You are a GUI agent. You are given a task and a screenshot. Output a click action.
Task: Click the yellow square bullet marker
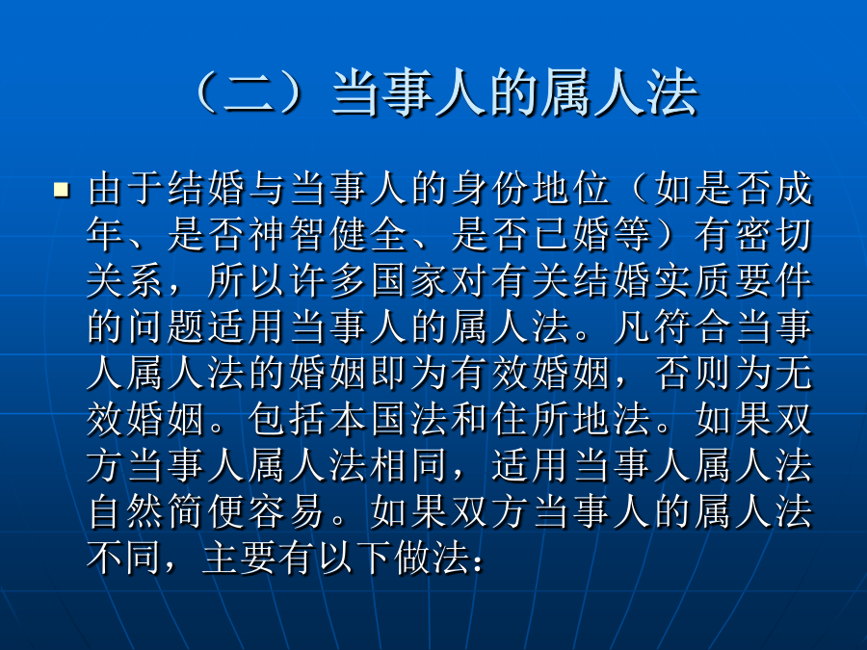[62, 190]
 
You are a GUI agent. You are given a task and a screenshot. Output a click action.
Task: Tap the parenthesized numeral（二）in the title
[249, 92]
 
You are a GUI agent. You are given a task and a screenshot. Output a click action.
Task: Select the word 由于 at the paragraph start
[126, 189]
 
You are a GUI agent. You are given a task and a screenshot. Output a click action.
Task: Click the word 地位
[570, 189]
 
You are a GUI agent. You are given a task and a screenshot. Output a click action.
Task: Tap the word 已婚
[570, 235]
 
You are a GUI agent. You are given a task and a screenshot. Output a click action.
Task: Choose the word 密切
[773, 235]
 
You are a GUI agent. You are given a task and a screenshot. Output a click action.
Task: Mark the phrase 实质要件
[732, 281]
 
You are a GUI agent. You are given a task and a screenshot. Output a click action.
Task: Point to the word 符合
[692, 327]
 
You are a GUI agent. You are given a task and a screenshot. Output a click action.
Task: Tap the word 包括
[287, 420]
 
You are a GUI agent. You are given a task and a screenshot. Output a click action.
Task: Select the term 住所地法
[570, 420]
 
